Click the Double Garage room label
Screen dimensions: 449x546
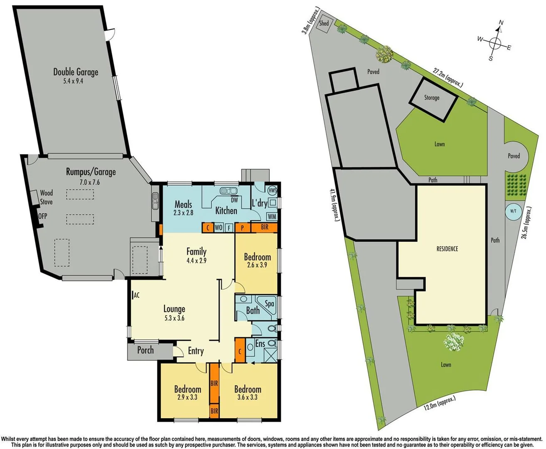click(x=76, y=72)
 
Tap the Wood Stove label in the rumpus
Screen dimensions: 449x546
click(x=46, y=197)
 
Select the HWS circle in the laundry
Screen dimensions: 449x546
click(x=272, y=190)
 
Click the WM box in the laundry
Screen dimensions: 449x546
click(x=272, y=217)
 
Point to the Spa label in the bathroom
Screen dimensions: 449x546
click(x=269, y=304)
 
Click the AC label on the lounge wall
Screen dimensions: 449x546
click(x=136, y=295)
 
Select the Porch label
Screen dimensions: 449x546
click(x=145, y=350)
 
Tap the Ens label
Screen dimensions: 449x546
click(x=260, y=343)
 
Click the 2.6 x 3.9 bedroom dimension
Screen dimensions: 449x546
click(x=257, y=265)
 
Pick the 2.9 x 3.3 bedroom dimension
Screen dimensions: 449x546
click(x=187, y=397)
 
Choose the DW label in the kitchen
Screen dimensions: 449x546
click(x=234, y=200)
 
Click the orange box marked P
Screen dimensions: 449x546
click(x=242, y=228)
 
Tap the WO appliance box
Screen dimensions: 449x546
click(x=219, y=228)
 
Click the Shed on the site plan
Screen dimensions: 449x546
click(x=324, y=24)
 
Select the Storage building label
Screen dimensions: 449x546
click(x=432, y=98)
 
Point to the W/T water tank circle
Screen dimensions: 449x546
click(x=513, y=211)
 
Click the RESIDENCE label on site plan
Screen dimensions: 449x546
click(x=447, y=249)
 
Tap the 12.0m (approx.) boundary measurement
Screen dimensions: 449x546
click(x=439, y=403)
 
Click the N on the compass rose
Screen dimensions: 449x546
click(x=501, y=23)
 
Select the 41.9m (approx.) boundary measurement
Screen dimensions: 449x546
click(x=334, y=205)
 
